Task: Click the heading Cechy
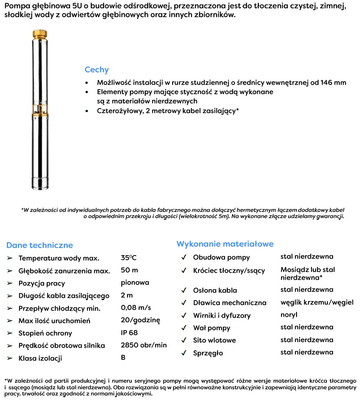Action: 97,70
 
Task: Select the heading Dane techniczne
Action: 40,245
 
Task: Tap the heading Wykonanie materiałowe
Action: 225,244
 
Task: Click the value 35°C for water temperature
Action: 128,258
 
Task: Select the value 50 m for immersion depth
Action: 129,270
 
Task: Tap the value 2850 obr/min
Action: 144,345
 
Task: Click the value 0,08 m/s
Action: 136,308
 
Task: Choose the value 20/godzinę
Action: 140,320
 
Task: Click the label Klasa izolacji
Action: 40,358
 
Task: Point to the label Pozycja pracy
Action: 41,283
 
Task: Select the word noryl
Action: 289,315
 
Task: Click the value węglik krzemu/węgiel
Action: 317,302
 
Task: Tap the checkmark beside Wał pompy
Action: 184,328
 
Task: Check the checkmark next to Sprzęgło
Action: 184,353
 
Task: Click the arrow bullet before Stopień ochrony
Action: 10,333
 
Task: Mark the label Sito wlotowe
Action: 214,340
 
